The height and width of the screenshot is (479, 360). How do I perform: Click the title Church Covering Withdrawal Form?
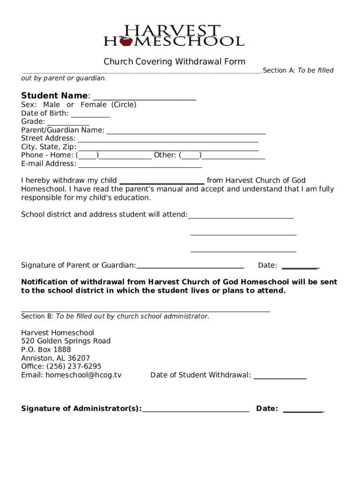(x=174, y=62)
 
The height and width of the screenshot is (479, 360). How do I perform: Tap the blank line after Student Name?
(x=144, y=98)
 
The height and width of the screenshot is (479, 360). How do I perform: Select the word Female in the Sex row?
(x=94, y=105)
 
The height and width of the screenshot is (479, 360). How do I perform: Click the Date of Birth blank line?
(x=90, y=115)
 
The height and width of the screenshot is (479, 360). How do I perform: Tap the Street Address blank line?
(x=168, y=140)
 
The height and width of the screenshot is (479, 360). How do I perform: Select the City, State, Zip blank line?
(x=168, y=149)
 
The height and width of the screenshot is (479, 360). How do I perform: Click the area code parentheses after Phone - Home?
(x=87, y=155)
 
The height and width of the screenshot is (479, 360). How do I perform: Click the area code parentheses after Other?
(x=190, y=155)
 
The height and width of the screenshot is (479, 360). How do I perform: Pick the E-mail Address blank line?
(x=140, y=165)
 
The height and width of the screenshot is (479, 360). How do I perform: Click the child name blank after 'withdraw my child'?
(x=162, y=182)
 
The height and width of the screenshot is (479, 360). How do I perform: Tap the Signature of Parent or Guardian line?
(x=190, y=267)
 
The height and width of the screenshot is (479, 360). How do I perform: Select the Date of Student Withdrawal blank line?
(x=280, y=377)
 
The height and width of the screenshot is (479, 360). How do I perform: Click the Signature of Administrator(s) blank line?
(x=195, y=410)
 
